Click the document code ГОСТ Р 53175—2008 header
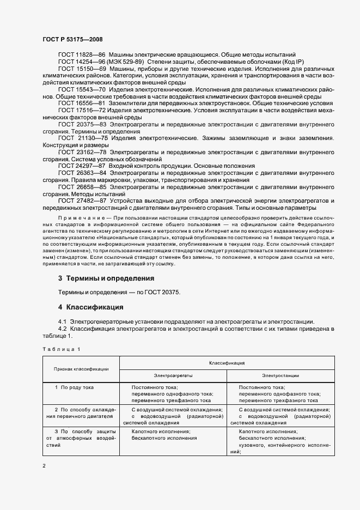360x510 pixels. coord(72,40)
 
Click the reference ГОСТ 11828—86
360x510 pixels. coord(82,55)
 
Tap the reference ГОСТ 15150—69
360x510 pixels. coord(82,70)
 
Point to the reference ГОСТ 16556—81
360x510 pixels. coord(82,102)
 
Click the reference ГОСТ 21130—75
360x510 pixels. coord(82,139)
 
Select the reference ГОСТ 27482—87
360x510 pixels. coord(82,201)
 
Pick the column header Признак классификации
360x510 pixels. coord(81,369)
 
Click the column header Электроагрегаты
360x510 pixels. coord(174,375)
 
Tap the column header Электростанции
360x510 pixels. coord(280,375)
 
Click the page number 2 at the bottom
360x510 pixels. coord(44,466)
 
